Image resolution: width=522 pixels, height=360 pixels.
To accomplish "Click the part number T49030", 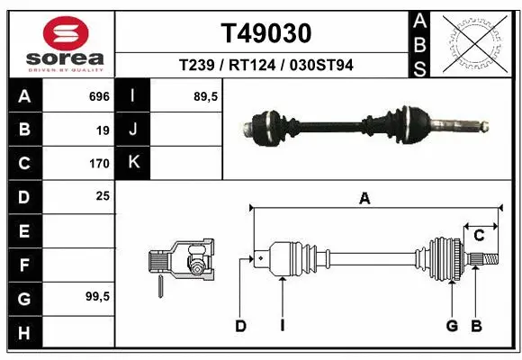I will pyautogui.click(x=266, y=34).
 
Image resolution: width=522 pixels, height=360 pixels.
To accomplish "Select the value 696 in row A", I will pyautogui.click(x=99, y=96).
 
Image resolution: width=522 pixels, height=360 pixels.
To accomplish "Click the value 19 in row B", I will pyautogui.click(x=103, y=130).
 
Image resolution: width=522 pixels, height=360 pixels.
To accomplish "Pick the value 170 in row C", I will pyautogui.click(x=99, y=164).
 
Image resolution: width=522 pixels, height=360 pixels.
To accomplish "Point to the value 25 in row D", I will pyautogui.click(x=103, y=196).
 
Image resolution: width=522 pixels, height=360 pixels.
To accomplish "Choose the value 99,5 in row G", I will pyautogui.click(x=97, y=296).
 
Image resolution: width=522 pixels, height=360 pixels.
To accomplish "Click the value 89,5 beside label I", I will pyautogui.click(x=206, y=96).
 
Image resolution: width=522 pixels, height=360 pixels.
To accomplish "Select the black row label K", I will pyautogui.click(x=134, y=163).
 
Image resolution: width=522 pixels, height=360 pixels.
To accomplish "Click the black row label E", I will pyautogui.click(x=23, y=231).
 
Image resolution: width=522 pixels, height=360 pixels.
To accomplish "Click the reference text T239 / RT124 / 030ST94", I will pyautogui.click(x=265, y=66).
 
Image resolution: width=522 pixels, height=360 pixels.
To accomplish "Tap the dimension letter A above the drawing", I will pyautogui.click(x=364, y=199).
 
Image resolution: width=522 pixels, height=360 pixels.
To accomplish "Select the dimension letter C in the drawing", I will pyautogui.click(x=479, y=236).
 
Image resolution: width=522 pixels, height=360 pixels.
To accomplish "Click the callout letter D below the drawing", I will pyautogui.click(x=240, y=326).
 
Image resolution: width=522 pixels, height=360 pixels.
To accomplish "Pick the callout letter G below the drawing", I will pyautogui.click(x=453, y=326).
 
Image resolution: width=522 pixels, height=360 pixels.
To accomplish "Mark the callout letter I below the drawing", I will pyautogui.click(x=282, y=326).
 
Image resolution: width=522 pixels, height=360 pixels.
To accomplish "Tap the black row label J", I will pyautogui.click(x=134, y=130).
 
